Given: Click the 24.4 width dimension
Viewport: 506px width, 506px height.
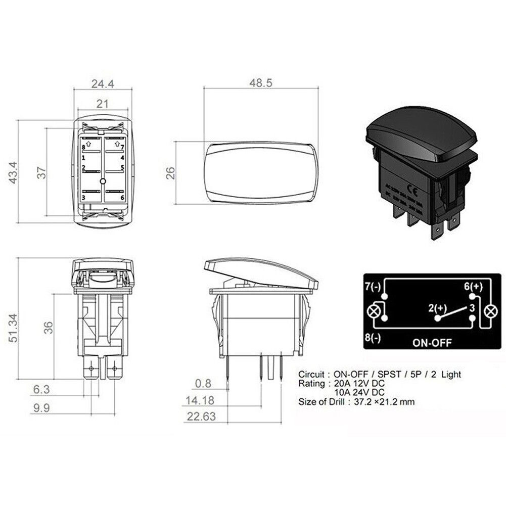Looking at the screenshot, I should coord(103,84).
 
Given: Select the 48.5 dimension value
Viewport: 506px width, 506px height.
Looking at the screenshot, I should coord(261,82).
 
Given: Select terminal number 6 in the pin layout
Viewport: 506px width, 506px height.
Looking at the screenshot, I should coord(122,198).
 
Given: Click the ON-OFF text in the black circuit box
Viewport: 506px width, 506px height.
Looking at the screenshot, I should coord(432,342).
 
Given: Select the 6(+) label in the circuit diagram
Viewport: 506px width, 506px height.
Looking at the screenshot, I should coord(474,287).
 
